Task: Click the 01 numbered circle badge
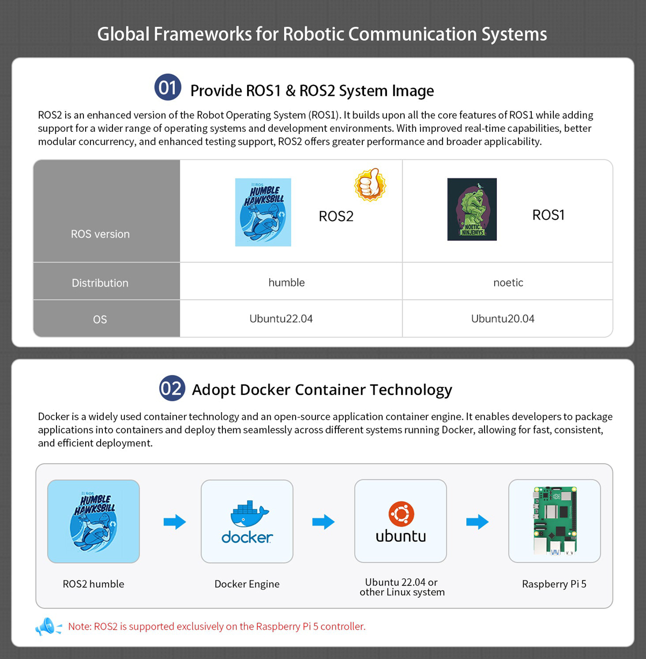click(168, 87)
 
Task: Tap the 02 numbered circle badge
click(172, 388)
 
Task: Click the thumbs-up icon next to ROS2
click(370, 184)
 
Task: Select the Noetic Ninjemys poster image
click(472, 209)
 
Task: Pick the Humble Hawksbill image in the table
click(263, 212)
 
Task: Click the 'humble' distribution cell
click(286, 282)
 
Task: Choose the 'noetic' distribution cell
click(508, 282)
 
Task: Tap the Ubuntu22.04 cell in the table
click(281, 318)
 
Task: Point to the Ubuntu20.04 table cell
click(503, 318)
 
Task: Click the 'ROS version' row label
click(100, 234)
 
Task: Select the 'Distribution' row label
click(100, 283)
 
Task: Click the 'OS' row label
click(100, 320)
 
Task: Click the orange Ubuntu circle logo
click(402, 514)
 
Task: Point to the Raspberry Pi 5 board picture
click(554, 521)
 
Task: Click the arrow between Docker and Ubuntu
click(324, 522)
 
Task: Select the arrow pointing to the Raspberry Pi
click(478, 522)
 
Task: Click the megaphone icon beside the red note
click(48, 627)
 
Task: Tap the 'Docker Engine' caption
click(247, 584)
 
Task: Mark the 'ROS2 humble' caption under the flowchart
click(94, 584)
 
